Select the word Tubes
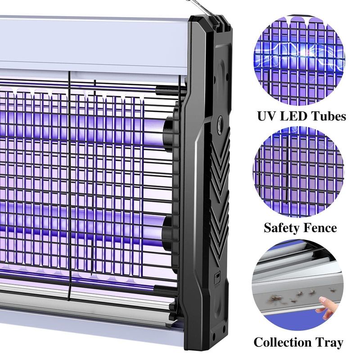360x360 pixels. pos(326,116)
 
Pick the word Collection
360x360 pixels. pos(283,342)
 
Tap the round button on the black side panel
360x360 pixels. pos(220,121)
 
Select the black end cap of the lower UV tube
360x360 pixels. pos(167,232)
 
